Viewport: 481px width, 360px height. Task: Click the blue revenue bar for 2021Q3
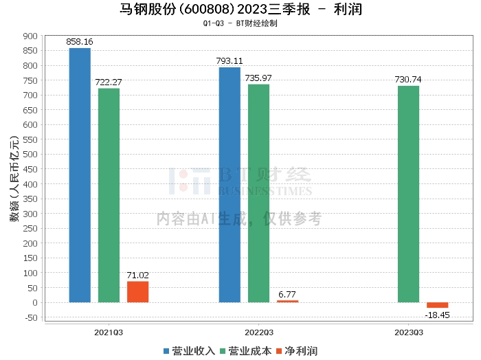pyautogui.click(x=80, y=175)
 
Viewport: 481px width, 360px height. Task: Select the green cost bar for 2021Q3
pyautogui.click(x=109, y=195)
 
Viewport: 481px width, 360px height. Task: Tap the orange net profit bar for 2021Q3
pyautogui.click(x=137, y=291)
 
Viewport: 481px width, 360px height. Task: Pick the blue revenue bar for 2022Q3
pyautogui.click(x=230, y=185)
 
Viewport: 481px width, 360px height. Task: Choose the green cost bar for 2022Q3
pyautogui.click(x=258, y=193)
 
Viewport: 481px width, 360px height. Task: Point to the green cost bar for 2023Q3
pyautogui.click(x=408, y=194)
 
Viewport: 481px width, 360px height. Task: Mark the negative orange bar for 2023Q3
pyautogui.click(x=437, y=305)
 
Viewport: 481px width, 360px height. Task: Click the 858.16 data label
pyautogui.click(x=80, y=42)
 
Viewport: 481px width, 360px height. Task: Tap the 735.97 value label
pyautogui.click(x=258, y=78)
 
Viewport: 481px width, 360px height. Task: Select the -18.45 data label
pyautogui.click(x=437, y=314)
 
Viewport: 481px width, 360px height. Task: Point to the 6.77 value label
pyautogui.click(x=287, y=294)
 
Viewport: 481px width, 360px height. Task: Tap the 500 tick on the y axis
pyautogui.click(x=30, y=155)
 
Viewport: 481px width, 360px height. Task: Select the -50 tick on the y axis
pyautogui.click(x=30, y=317)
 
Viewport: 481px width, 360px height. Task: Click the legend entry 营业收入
pyautogui.click(x=189, y=351)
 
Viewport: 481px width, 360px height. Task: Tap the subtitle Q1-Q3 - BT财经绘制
pyautogui.click(x=240, y=23)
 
